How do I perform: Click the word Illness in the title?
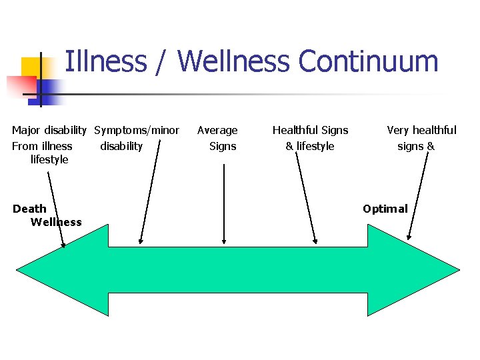click(105, 61)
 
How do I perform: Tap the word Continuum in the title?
click(368, 61)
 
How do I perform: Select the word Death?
click(29, 209)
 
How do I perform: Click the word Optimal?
click(385, 209)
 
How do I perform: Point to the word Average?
click(217, 130)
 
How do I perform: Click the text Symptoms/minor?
click(137, 130)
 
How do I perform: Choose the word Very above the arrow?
click(399, 130)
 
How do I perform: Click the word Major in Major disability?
click(26, 130)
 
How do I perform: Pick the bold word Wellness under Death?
click(56, 222)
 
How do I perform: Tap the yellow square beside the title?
click(33, 67)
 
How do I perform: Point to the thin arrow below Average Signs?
click(224, 203)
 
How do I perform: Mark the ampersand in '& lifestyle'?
click(289, 146)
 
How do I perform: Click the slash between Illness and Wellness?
click(162, 61)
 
